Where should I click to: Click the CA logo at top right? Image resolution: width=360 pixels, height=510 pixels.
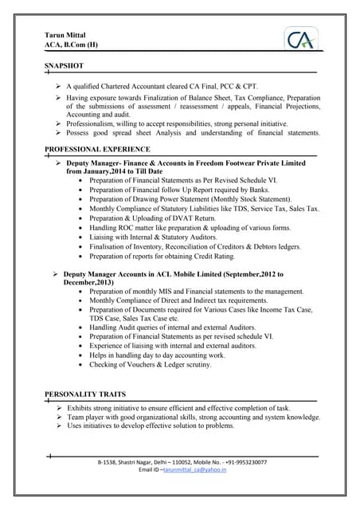(303, 39)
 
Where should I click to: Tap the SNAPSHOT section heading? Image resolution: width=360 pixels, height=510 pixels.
(70, 63)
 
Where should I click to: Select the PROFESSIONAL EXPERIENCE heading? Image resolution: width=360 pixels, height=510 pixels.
(97, 149)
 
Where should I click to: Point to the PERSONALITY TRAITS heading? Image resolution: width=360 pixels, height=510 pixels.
(85, 394)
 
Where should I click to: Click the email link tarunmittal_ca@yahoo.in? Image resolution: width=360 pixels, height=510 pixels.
(195, 470)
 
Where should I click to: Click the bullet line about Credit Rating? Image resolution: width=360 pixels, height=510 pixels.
(174, 257)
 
